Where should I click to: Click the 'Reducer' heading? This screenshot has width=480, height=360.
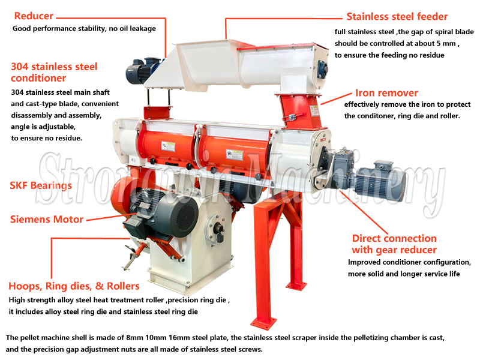click(x=34, y=16)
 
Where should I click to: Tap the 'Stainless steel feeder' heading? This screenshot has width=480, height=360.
click(x=397, y=16)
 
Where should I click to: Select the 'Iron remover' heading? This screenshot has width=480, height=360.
click(x=386, y=93)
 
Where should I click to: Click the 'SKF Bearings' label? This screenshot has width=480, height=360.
click(x=41, y=185)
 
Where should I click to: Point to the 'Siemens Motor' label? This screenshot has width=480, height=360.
click(x=47, y=219)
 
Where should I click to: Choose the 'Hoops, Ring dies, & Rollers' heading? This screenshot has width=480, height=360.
click(x=74, y=286)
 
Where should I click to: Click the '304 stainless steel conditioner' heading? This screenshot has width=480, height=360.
click(x=54, y=72)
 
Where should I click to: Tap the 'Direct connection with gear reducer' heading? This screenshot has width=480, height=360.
click(x=394, y=244)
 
